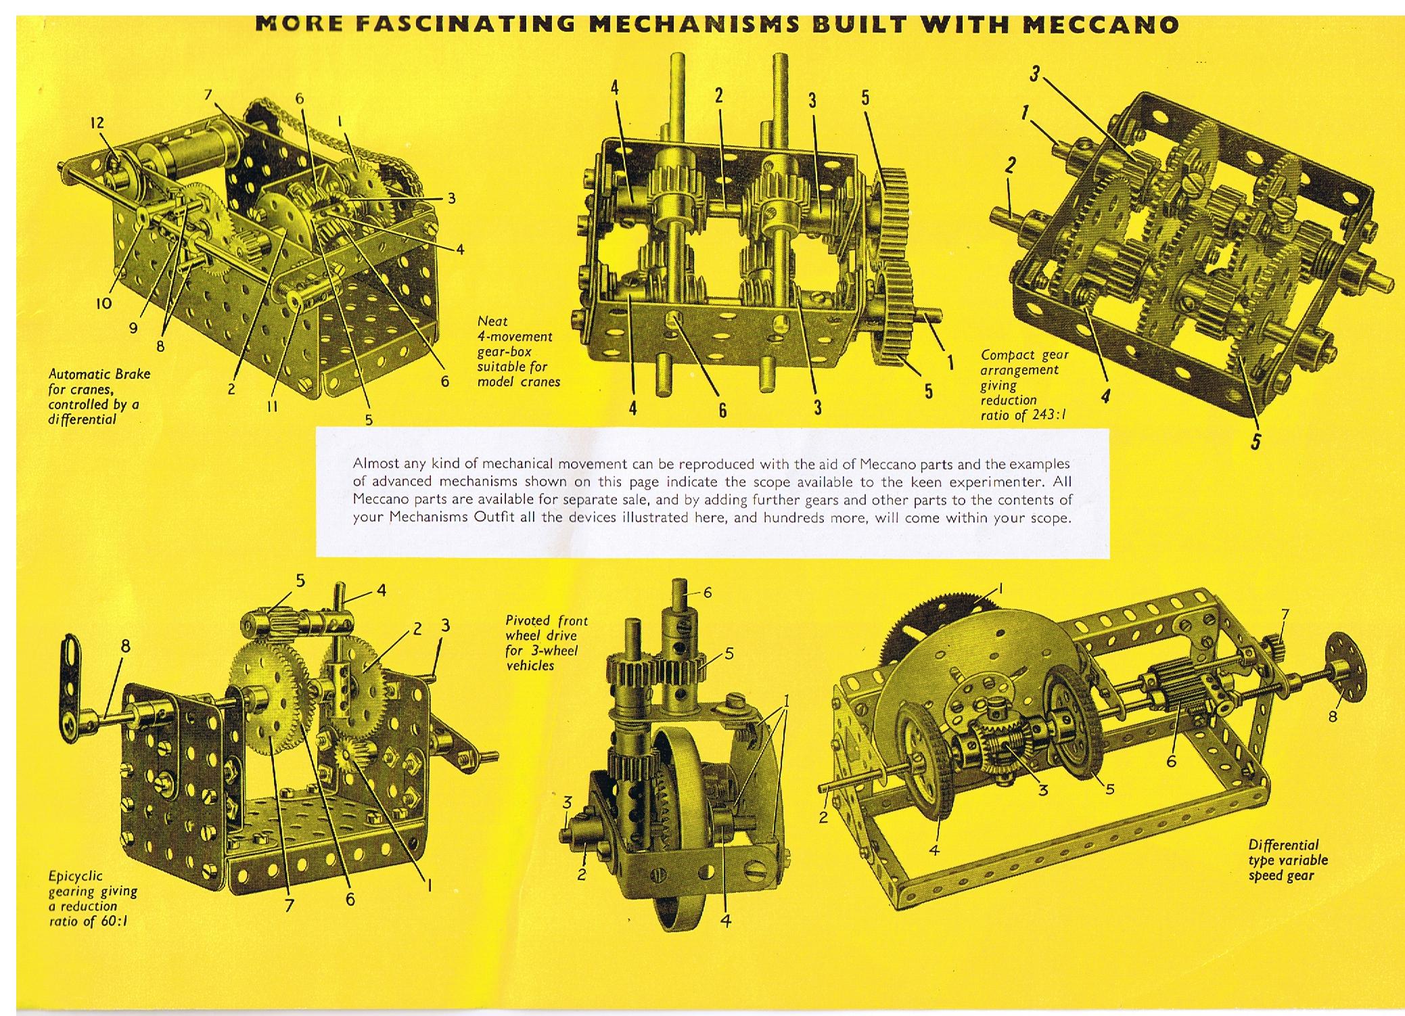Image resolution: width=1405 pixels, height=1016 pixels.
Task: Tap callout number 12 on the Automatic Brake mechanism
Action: point(97,122)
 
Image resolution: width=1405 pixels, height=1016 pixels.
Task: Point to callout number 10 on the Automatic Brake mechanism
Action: point(103,303)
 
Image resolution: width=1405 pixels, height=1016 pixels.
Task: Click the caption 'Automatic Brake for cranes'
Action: point(99,382)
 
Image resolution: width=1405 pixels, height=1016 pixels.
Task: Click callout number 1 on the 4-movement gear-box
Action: point(950,363)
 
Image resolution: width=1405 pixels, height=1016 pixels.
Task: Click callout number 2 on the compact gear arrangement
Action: point(1011,165)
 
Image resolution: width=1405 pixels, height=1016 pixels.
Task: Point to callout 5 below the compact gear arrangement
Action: point(1256,442)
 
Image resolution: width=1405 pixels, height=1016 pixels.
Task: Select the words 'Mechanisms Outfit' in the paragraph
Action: point(451,519)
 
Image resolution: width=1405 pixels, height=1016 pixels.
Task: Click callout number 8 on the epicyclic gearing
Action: point(125,646)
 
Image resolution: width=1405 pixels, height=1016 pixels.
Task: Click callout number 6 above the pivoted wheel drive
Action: point(708,592)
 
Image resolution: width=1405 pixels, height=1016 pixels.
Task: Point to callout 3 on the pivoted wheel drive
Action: point(568,802)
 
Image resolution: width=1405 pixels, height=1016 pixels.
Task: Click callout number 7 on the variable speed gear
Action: point(1285,615)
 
